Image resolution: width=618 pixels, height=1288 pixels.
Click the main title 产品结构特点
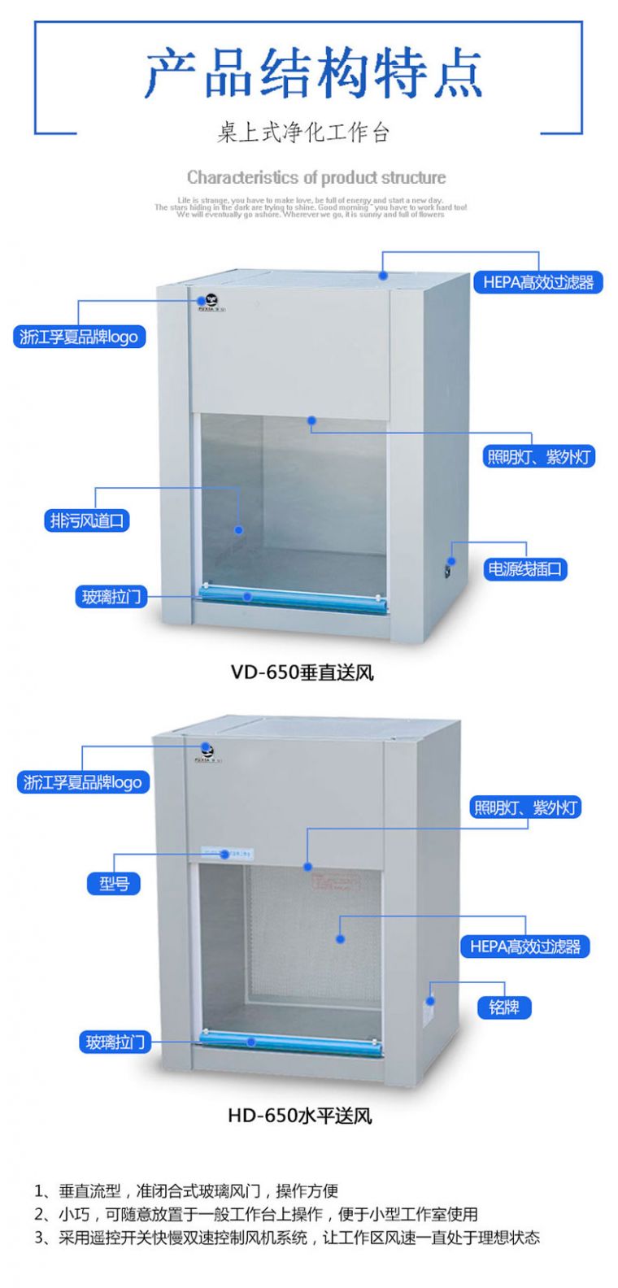click(313, 73)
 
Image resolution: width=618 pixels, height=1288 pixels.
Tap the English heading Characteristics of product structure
click(316, 177)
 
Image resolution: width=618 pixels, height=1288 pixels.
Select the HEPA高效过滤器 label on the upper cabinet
click(538, 283)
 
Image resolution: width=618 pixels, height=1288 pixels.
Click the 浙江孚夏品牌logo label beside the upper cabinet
click(79, 337)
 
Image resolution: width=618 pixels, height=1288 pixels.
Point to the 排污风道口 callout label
click(87, 520)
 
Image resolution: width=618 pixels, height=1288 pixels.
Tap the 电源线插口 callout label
click(524, 569)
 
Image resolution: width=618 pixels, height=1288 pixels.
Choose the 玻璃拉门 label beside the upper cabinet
click(111, 597)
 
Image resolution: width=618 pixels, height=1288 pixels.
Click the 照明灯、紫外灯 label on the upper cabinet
click(538, 457)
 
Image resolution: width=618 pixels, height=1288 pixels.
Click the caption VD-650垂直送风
click(302, 672)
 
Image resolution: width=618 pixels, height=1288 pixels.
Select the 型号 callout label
click(114, 883)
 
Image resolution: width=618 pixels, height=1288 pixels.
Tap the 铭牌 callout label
click(504, 1008)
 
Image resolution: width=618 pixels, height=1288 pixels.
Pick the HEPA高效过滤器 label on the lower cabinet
click(525, 946)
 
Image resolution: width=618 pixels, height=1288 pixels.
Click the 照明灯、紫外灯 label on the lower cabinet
click(525, 807)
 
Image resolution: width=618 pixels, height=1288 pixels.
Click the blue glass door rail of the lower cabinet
click(289, 1043)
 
